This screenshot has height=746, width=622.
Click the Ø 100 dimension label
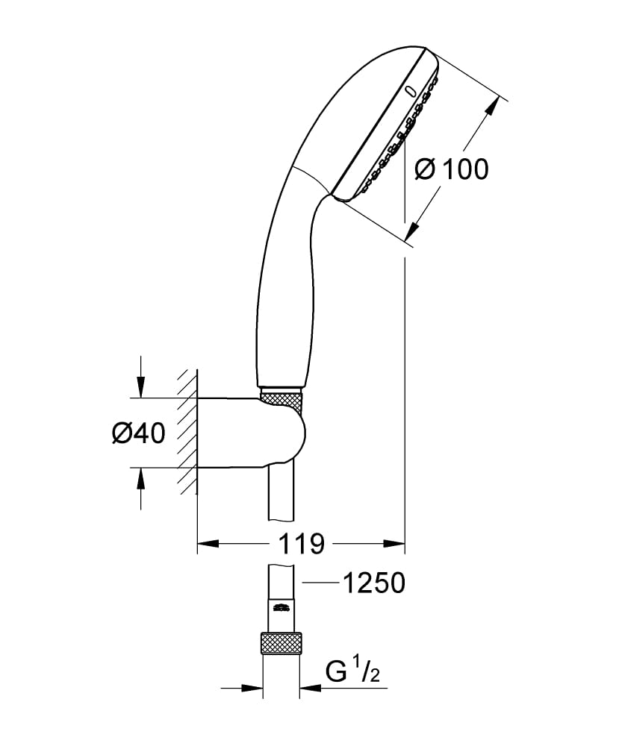(451, 169)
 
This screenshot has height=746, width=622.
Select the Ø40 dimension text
(138, 433)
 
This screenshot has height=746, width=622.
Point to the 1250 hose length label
(373, 583)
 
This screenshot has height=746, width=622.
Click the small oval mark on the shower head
(408, 91)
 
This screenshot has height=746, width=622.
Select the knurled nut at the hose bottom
(281, 644)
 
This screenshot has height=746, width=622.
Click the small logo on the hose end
(281, 606)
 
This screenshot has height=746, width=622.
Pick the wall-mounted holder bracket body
(246, 433)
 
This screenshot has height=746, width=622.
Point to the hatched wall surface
(187, 433)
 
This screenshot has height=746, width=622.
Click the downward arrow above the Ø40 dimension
(140, 385)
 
